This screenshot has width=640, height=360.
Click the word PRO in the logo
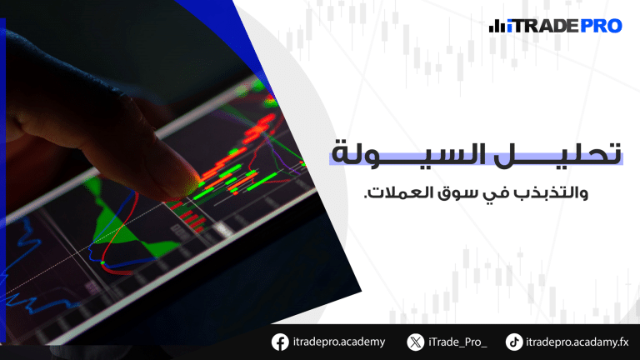click(x=600, y=26)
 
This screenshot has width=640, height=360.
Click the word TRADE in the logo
click(x=545, y=26)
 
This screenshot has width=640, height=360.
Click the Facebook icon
click(x=280, y=342)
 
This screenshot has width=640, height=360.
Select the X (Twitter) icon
click(x=416, y=342)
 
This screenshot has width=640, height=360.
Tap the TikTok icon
click(x=514, y=342)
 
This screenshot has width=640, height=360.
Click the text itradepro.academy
click(x=339, y=342)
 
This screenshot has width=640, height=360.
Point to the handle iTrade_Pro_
click(x=457, y=342)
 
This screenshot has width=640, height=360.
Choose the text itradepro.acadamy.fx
click(x=577, y=342)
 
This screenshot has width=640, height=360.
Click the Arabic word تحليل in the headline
click(x=558, y=154)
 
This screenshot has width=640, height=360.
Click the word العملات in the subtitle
click(x=395, y=192)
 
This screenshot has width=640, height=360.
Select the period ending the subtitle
click(x=366, y=197)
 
